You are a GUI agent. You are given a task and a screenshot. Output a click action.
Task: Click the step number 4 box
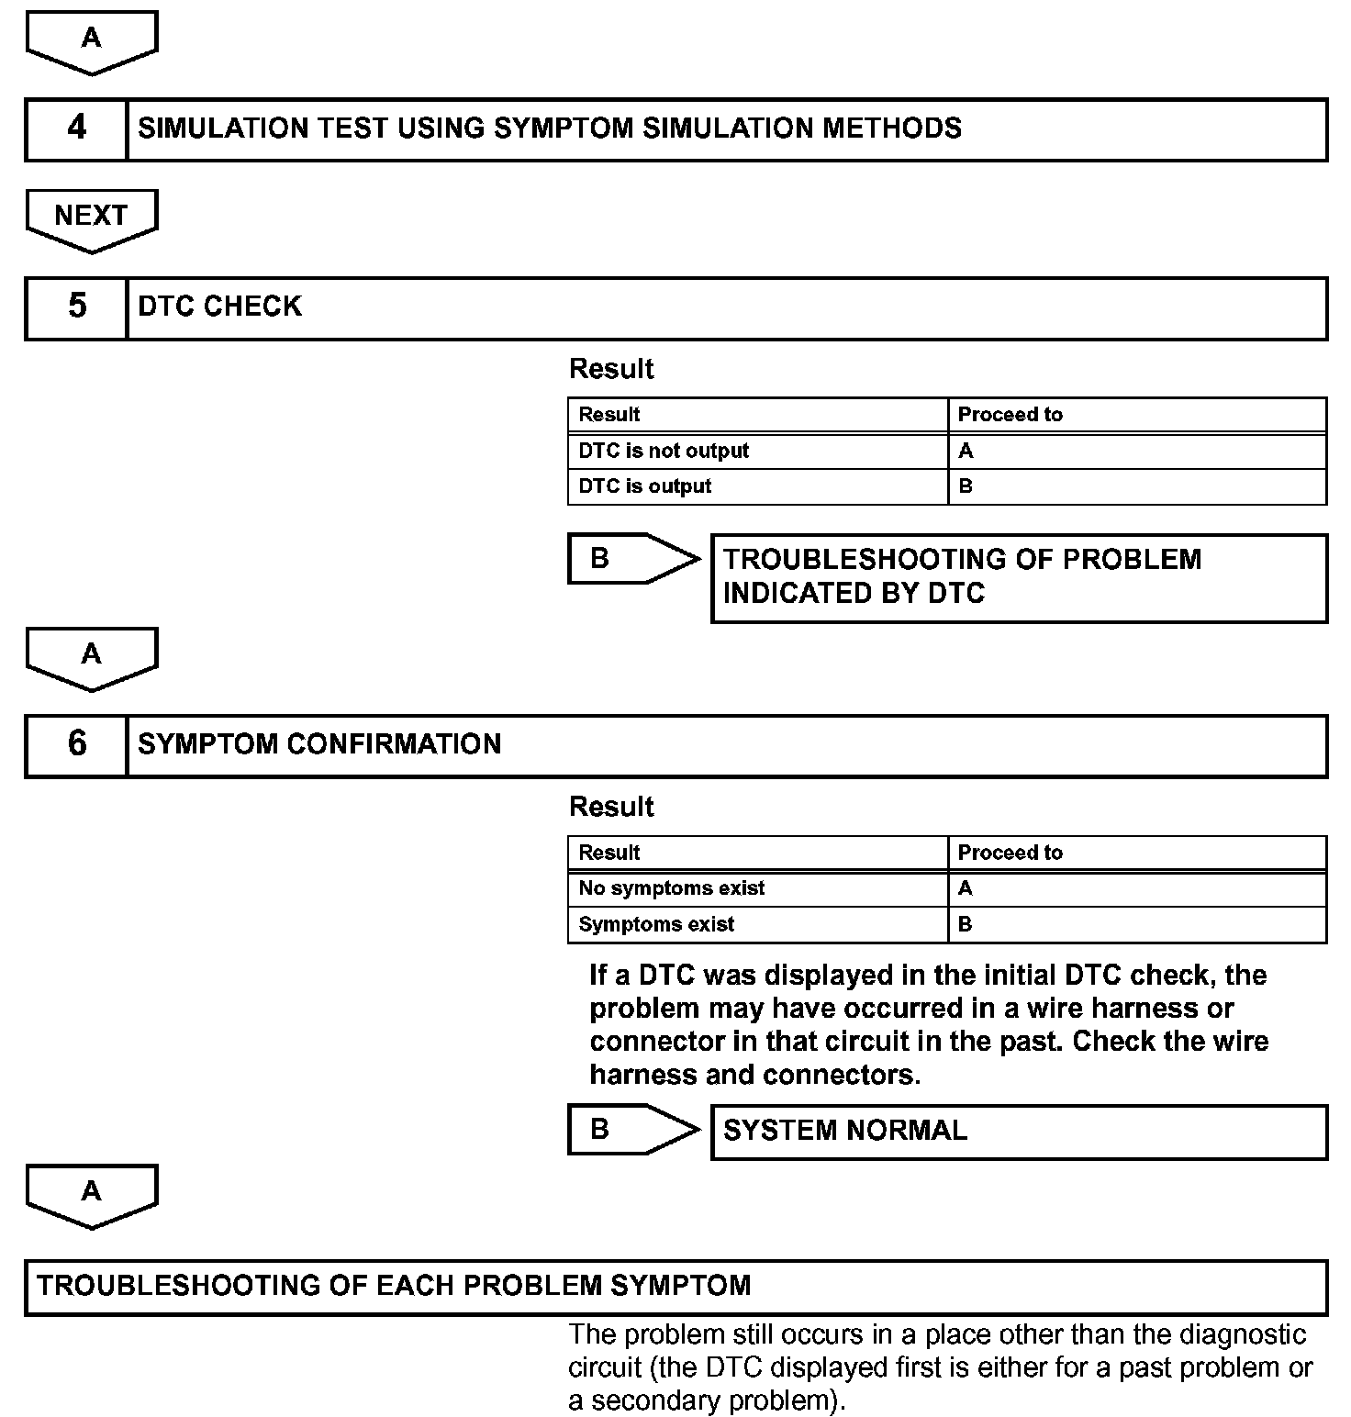click(x=76, y=128)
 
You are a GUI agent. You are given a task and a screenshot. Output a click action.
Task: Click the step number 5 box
click(x=76, y=307)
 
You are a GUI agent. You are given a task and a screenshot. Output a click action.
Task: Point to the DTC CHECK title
click(x=219, y=307)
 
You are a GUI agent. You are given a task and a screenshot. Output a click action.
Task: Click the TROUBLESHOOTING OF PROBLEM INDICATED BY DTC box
click(x=1019, y=577)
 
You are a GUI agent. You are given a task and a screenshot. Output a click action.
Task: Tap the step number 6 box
click(x=76, y=745)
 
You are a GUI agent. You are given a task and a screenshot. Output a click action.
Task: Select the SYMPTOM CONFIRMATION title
click(x=319, y=744)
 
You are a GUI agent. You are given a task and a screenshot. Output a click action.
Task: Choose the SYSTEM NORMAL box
click(x=1019, y=1131)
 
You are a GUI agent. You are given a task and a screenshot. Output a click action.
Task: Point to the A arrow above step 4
click(x=91, y=40)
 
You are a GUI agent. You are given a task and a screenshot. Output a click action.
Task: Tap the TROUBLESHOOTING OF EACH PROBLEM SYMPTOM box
click(x=675, y=1286)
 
